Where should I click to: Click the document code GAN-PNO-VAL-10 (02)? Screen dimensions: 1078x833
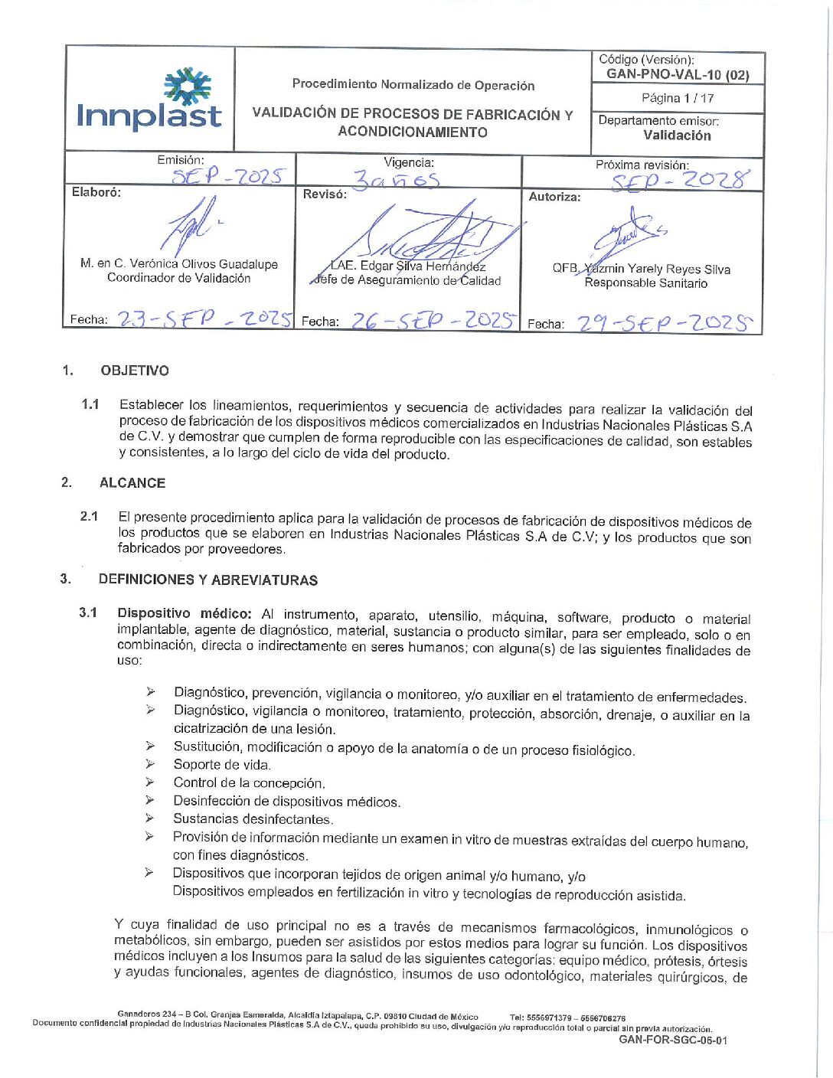point(678,74)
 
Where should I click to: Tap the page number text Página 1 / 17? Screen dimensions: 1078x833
point(678,98)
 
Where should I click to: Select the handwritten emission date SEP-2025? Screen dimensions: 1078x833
point(227,177)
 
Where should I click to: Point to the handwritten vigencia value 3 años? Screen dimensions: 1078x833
point(396,180)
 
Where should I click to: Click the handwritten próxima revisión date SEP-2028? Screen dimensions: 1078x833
point(679,181)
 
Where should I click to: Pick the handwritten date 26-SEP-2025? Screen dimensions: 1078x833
point(433,321)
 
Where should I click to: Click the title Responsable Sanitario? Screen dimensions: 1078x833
point(645,283)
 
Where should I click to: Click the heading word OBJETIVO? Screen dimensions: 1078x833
point(135,371)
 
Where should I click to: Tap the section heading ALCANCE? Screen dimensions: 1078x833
point(132,483)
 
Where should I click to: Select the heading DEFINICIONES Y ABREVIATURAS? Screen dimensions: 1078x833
point(208,580)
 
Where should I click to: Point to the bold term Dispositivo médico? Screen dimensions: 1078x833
point(184,613)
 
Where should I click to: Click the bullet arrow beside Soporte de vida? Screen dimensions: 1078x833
point(150,763)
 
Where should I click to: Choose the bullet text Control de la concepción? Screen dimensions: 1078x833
point(249,782)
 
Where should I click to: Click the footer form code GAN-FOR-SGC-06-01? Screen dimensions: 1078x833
point(673,1040)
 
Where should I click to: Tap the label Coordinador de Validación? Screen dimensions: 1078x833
point(178,278)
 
